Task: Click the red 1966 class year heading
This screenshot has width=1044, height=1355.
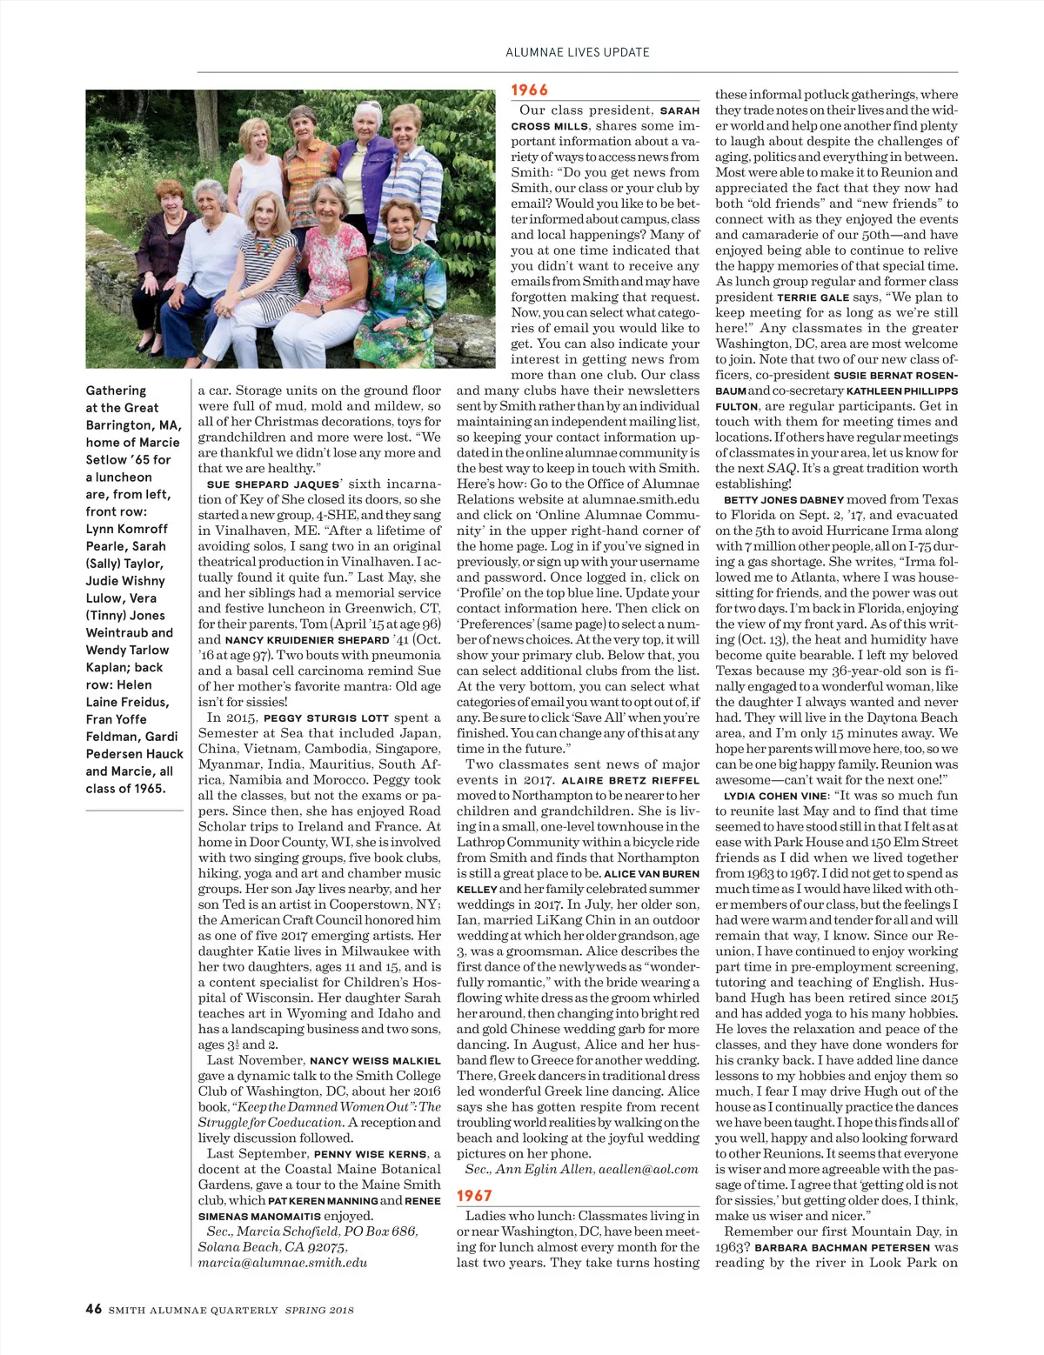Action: point(529,90)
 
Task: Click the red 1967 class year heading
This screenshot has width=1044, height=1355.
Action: point(475,1196)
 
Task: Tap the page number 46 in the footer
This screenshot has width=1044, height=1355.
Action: point(93,1309)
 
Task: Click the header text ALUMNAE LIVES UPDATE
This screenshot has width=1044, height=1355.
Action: point(578,52)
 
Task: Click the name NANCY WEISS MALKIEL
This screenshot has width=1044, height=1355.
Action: point(375,1061)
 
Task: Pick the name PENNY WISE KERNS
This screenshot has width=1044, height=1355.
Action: point(371,1154)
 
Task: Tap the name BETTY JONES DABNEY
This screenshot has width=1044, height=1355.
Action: point(784,500)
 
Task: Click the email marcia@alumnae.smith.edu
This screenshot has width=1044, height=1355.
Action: point(282,1263)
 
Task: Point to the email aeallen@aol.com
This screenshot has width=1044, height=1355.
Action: point(648,1170)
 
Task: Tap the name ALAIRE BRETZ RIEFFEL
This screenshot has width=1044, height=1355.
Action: point(630,781)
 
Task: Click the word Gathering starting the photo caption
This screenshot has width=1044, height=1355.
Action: point(116,390)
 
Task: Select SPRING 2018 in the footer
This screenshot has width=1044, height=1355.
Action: point(319,1310)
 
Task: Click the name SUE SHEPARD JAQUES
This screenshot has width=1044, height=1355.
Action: point(272,484)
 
